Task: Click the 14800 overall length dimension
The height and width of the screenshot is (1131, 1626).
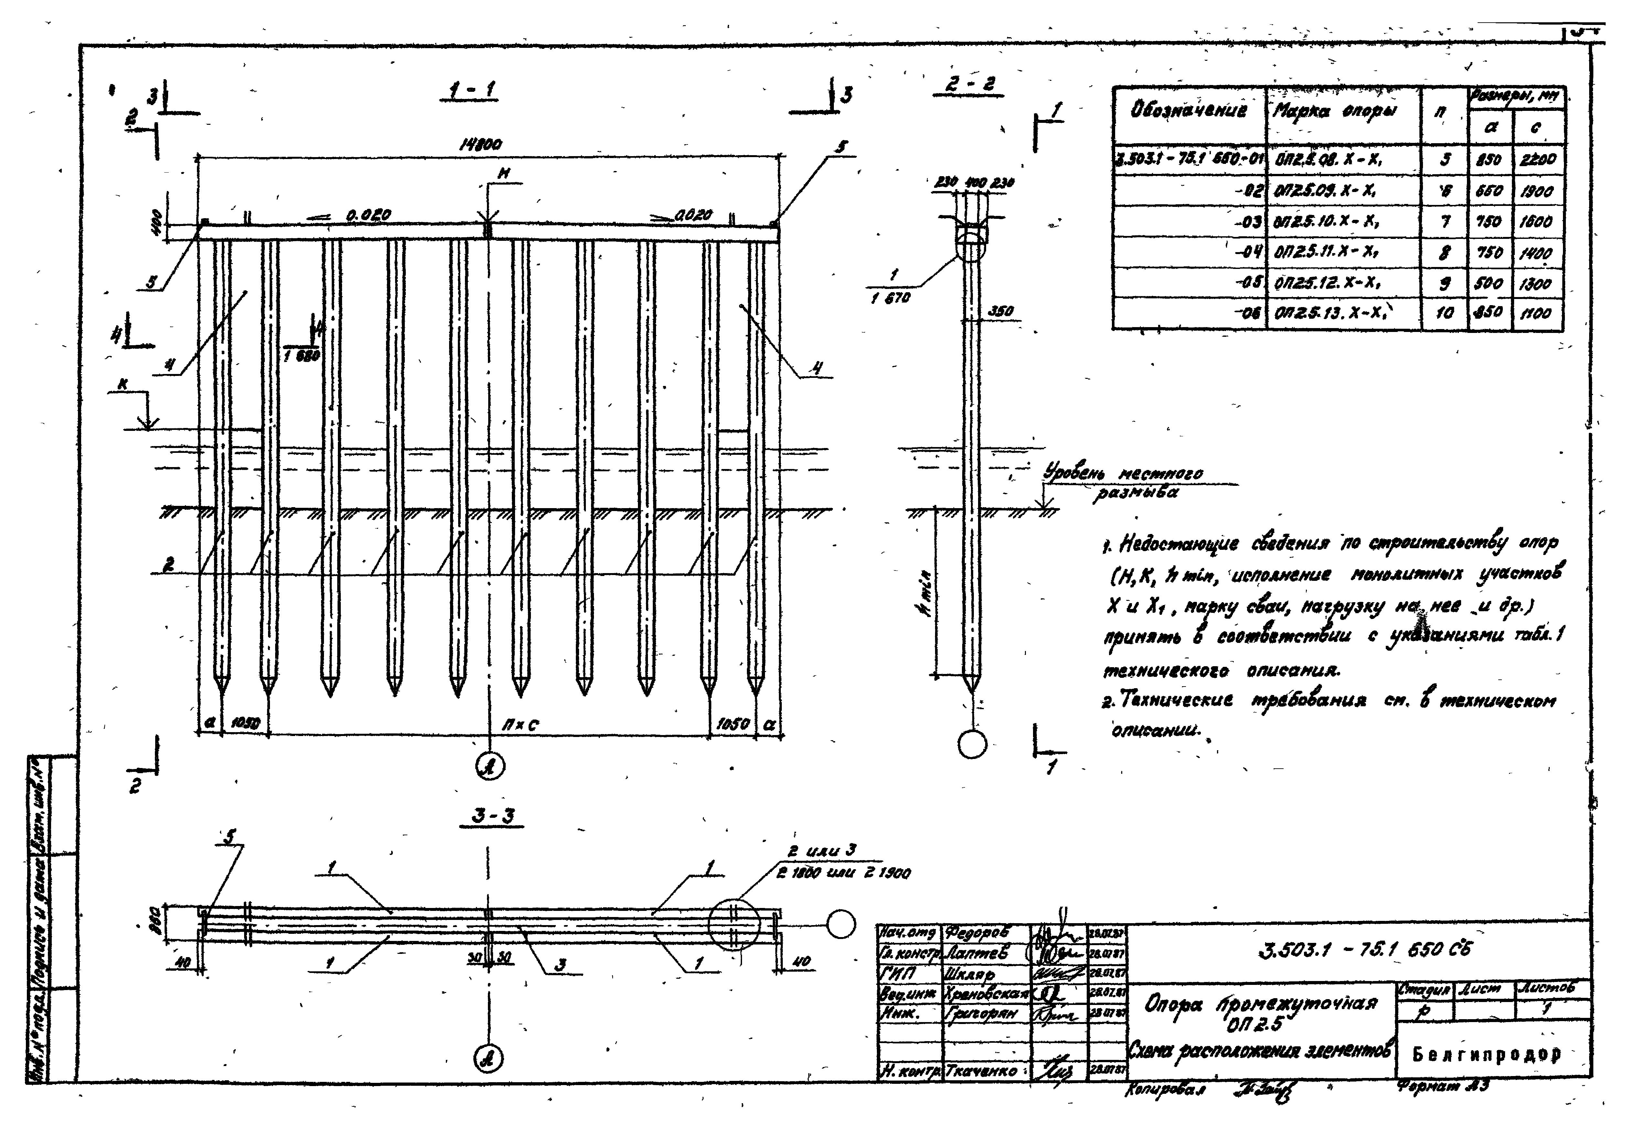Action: pyautogui.click(x=481, y=144)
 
